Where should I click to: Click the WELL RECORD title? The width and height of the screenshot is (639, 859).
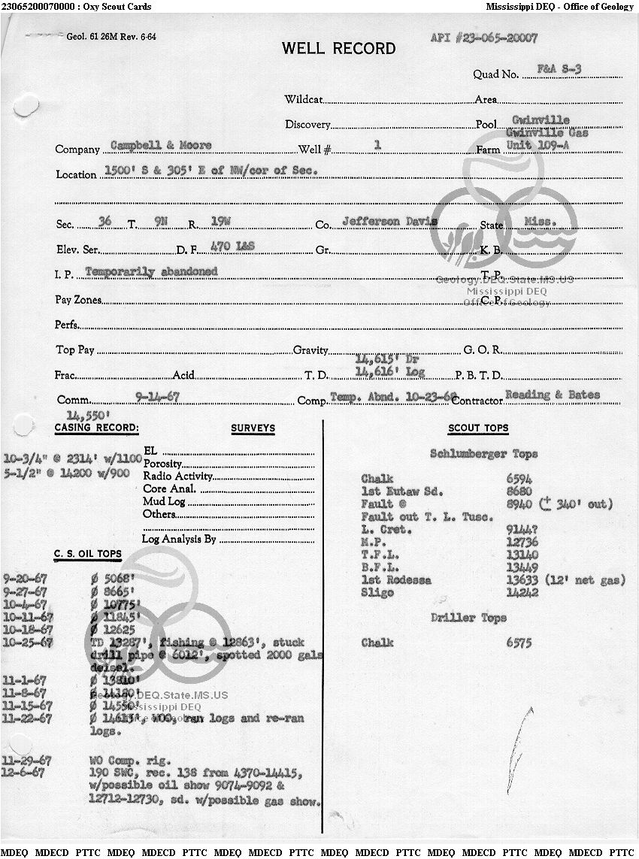[338, 49]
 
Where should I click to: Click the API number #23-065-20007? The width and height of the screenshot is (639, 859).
[484, 38]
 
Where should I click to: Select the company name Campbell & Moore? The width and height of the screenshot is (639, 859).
[161, 145]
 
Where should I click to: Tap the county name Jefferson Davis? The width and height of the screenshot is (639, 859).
[390, 222]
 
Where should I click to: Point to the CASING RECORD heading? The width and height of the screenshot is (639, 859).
[97, 428]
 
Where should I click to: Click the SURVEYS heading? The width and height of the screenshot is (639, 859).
[253, 428]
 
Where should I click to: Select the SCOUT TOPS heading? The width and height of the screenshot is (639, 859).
[478, 428]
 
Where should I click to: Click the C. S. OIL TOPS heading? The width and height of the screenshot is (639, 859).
[87, 554]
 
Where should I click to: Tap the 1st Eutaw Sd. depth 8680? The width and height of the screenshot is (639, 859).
[519, 491]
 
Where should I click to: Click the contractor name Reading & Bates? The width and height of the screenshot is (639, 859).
[553, 395]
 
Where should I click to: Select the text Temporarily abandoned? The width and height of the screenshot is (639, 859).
[151, 271]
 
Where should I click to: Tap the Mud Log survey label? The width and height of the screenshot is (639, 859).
[159, 501]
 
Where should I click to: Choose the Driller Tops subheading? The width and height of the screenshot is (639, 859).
[468, 618]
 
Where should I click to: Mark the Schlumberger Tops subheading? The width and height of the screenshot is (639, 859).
[483, 454]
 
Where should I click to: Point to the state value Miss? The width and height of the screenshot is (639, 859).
[538, 222]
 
